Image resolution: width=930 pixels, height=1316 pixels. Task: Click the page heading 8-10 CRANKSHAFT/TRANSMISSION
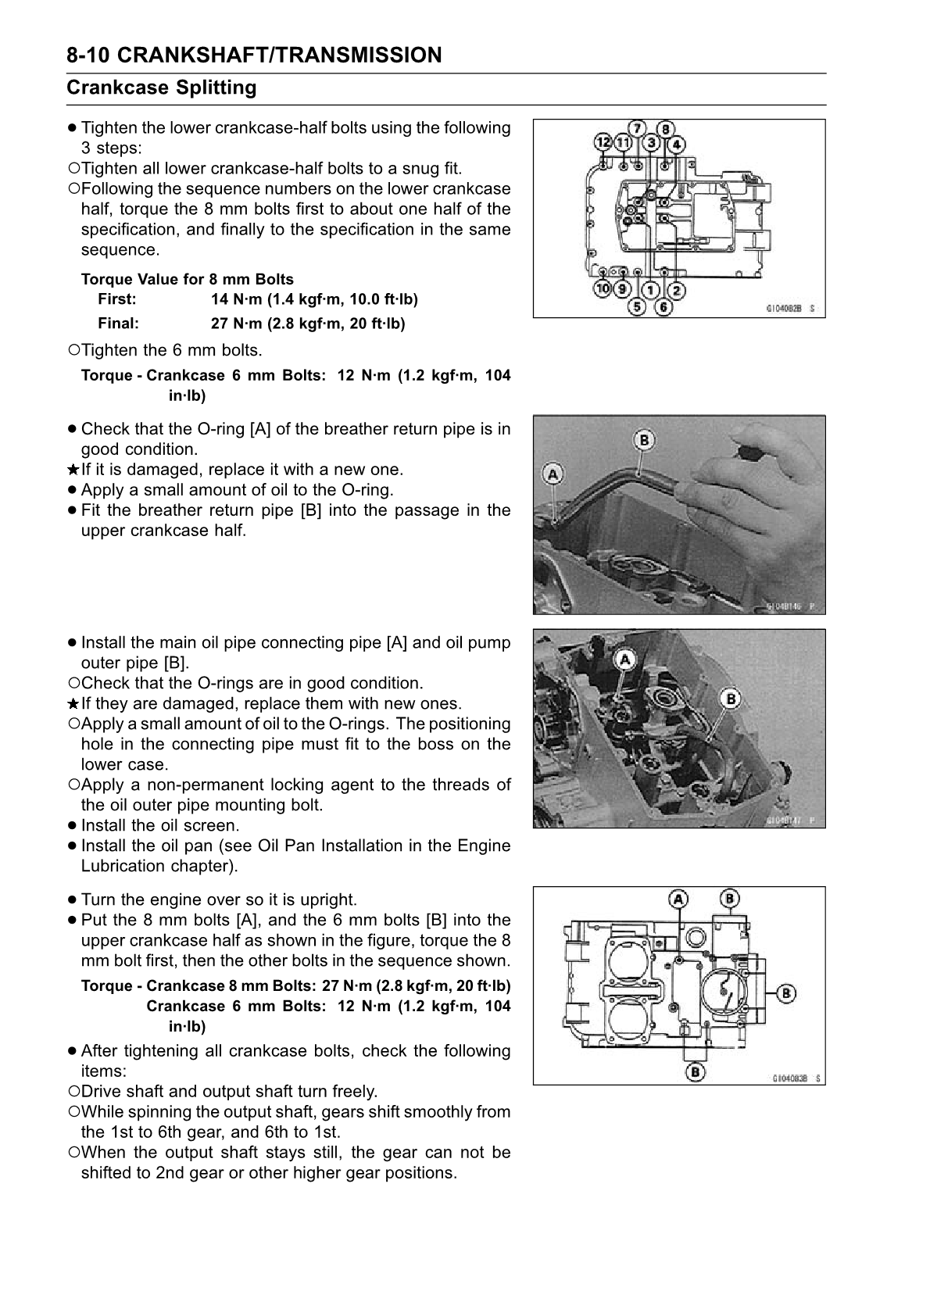coord(254,55)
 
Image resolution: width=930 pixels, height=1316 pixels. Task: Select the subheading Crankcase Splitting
coord(162,88)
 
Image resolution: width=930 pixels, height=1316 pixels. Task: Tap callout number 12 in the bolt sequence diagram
coord(603,143)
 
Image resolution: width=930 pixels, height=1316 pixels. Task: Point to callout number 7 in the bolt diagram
coord(638,128)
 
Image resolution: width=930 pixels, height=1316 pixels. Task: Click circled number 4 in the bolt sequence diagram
coord(675,144)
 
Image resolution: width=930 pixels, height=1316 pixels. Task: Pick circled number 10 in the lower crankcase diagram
coord(603,288)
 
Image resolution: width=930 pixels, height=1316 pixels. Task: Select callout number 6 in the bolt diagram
coord(663,307)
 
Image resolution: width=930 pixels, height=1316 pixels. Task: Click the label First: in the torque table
coord(117,299)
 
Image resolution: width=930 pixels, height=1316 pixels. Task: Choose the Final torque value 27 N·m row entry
coord(308,324)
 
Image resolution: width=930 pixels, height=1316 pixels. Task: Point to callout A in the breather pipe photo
coord(553,474)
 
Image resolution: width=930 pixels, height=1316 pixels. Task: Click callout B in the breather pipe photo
coord(644,440)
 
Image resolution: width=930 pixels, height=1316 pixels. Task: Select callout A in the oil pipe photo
coord(624,660)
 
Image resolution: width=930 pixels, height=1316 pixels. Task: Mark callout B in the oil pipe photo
coord(730,697)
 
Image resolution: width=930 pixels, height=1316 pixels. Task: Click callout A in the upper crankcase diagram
coord(678,899)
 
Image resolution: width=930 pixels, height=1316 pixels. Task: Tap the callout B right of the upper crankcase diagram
coord(785,993)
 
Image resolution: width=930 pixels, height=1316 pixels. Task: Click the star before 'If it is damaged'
coord(72,470)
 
